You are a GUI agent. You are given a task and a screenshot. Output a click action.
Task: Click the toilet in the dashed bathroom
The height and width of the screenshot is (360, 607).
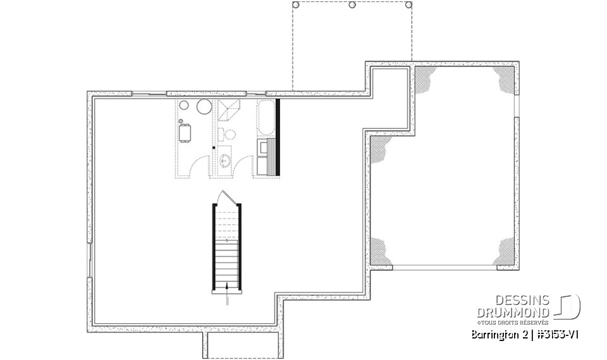(x=228, y=133)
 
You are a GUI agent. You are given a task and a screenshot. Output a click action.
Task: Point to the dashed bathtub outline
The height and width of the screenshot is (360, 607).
(x=266, y=117)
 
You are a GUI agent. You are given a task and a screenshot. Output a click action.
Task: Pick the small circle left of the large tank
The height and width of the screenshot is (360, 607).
(x=184, y=107)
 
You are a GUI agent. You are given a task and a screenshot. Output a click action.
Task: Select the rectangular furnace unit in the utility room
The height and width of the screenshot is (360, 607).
(x=186, y=133)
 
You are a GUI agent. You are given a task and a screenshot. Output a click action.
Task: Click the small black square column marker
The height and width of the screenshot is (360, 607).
(x=214, y=147)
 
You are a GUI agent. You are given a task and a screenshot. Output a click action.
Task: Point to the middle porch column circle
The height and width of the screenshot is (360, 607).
(x=352, y=5)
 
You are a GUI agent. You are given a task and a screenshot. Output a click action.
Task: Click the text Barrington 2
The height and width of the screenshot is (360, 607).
(x=498, y=334)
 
